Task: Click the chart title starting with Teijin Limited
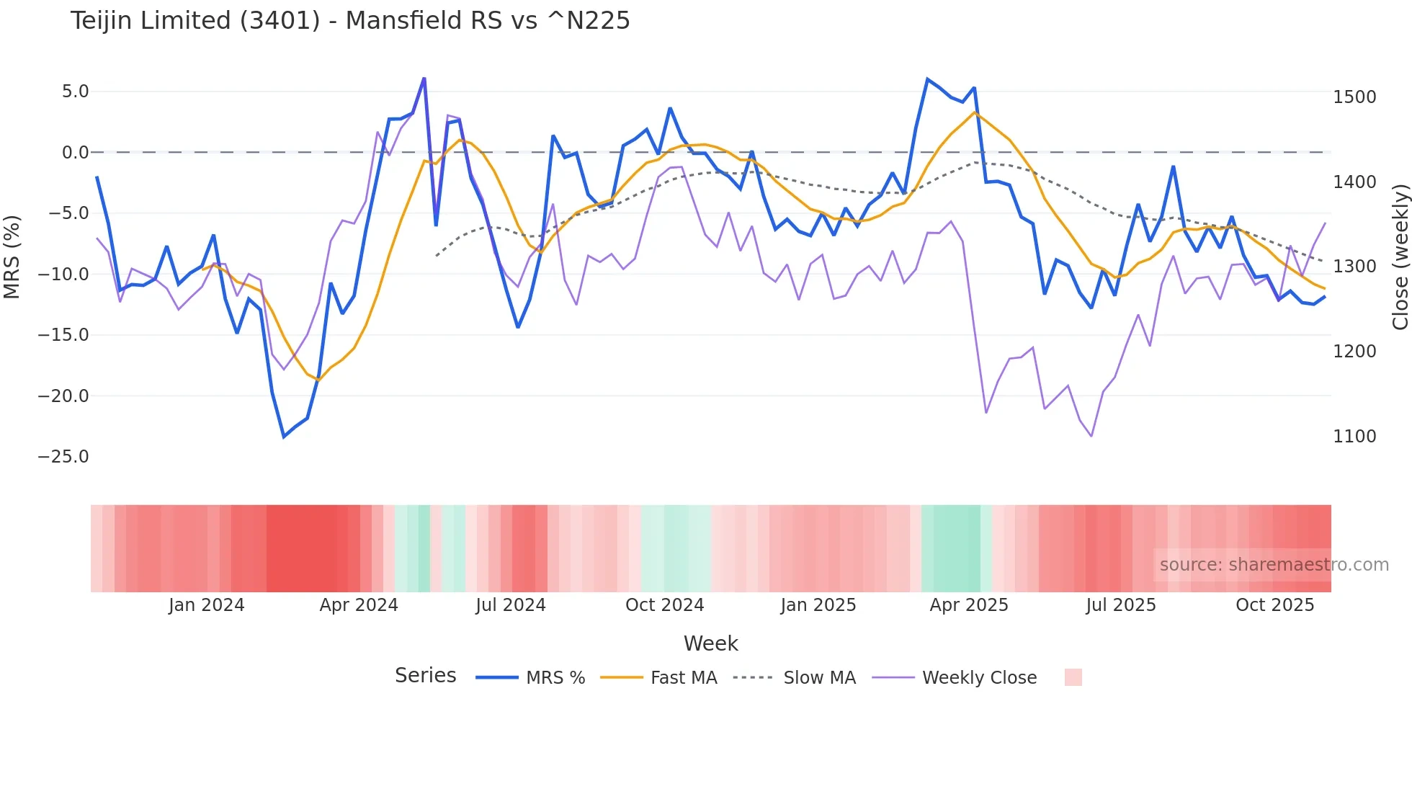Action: [350, 21]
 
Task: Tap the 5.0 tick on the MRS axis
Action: [75, 92]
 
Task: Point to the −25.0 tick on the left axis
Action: [63, 457]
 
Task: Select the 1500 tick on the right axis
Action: [1354, 97]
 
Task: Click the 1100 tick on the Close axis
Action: [1354, 437]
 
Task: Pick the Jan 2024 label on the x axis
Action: [206, 605]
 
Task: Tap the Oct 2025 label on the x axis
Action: [1274, 605]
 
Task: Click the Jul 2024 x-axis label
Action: [510, 605]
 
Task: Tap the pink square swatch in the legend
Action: [1073, 677]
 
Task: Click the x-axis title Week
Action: [710, 643]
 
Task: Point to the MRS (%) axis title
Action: [12, 257]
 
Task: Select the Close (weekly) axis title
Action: [1400, 257]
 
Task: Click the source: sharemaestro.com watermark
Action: [1274, 565]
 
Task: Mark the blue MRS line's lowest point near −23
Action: [284, 437]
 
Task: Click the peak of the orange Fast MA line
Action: [974, 112]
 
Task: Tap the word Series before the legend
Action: [425, 676]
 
